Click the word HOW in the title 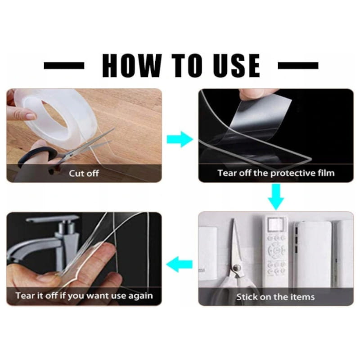(132, 65)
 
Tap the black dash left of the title (64, 65)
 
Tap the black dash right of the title (298, 65)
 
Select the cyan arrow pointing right (180, 139)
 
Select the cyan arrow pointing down (276, 197)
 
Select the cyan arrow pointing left (179, 264)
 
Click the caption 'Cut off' (84, 173)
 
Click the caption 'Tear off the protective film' (276, 173)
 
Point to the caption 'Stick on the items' (275, 297)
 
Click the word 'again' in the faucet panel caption (140, 296)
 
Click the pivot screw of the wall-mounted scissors (236, 267)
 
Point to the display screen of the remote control (276, 224)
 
